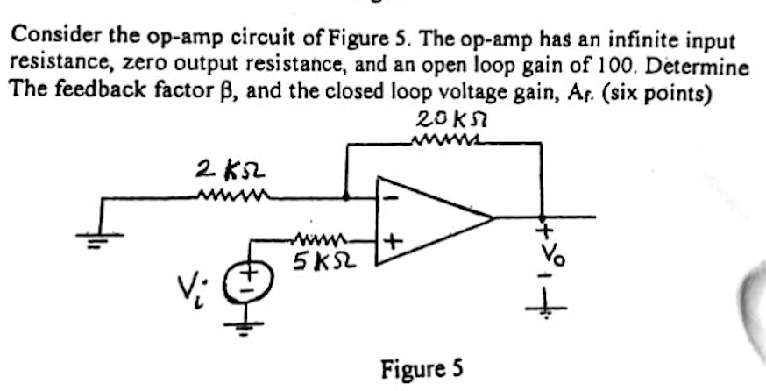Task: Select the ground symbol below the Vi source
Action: click(247, 327)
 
